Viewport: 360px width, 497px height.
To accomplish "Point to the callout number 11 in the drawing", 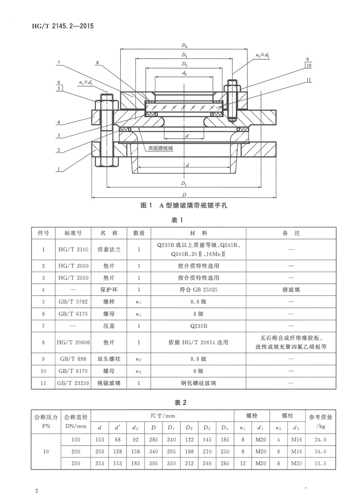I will pos(308,80).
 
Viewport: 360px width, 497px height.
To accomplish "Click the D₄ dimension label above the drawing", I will pos(184,46).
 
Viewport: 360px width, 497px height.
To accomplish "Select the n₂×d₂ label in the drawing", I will pos(262,55).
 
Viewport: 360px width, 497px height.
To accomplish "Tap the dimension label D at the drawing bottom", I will pos(184,194).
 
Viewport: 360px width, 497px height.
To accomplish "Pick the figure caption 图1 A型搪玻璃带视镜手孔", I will pos(184,206).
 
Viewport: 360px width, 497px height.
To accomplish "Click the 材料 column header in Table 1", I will pos(198,233).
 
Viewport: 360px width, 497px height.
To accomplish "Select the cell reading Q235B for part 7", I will pos(198,325).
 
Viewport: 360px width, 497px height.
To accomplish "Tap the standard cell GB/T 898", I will pos(73,359).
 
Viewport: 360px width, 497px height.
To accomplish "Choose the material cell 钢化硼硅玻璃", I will pos(198,384).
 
